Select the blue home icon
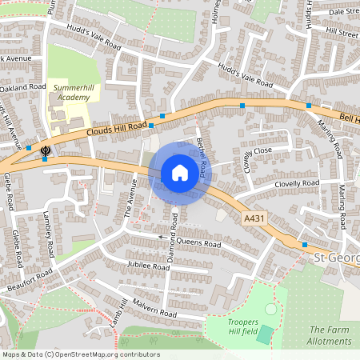180,173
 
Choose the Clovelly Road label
297,184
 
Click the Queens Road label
201,243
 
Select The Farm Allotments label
330,335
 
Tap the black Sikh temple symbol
46,149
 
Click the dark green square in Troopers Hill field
264,334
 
